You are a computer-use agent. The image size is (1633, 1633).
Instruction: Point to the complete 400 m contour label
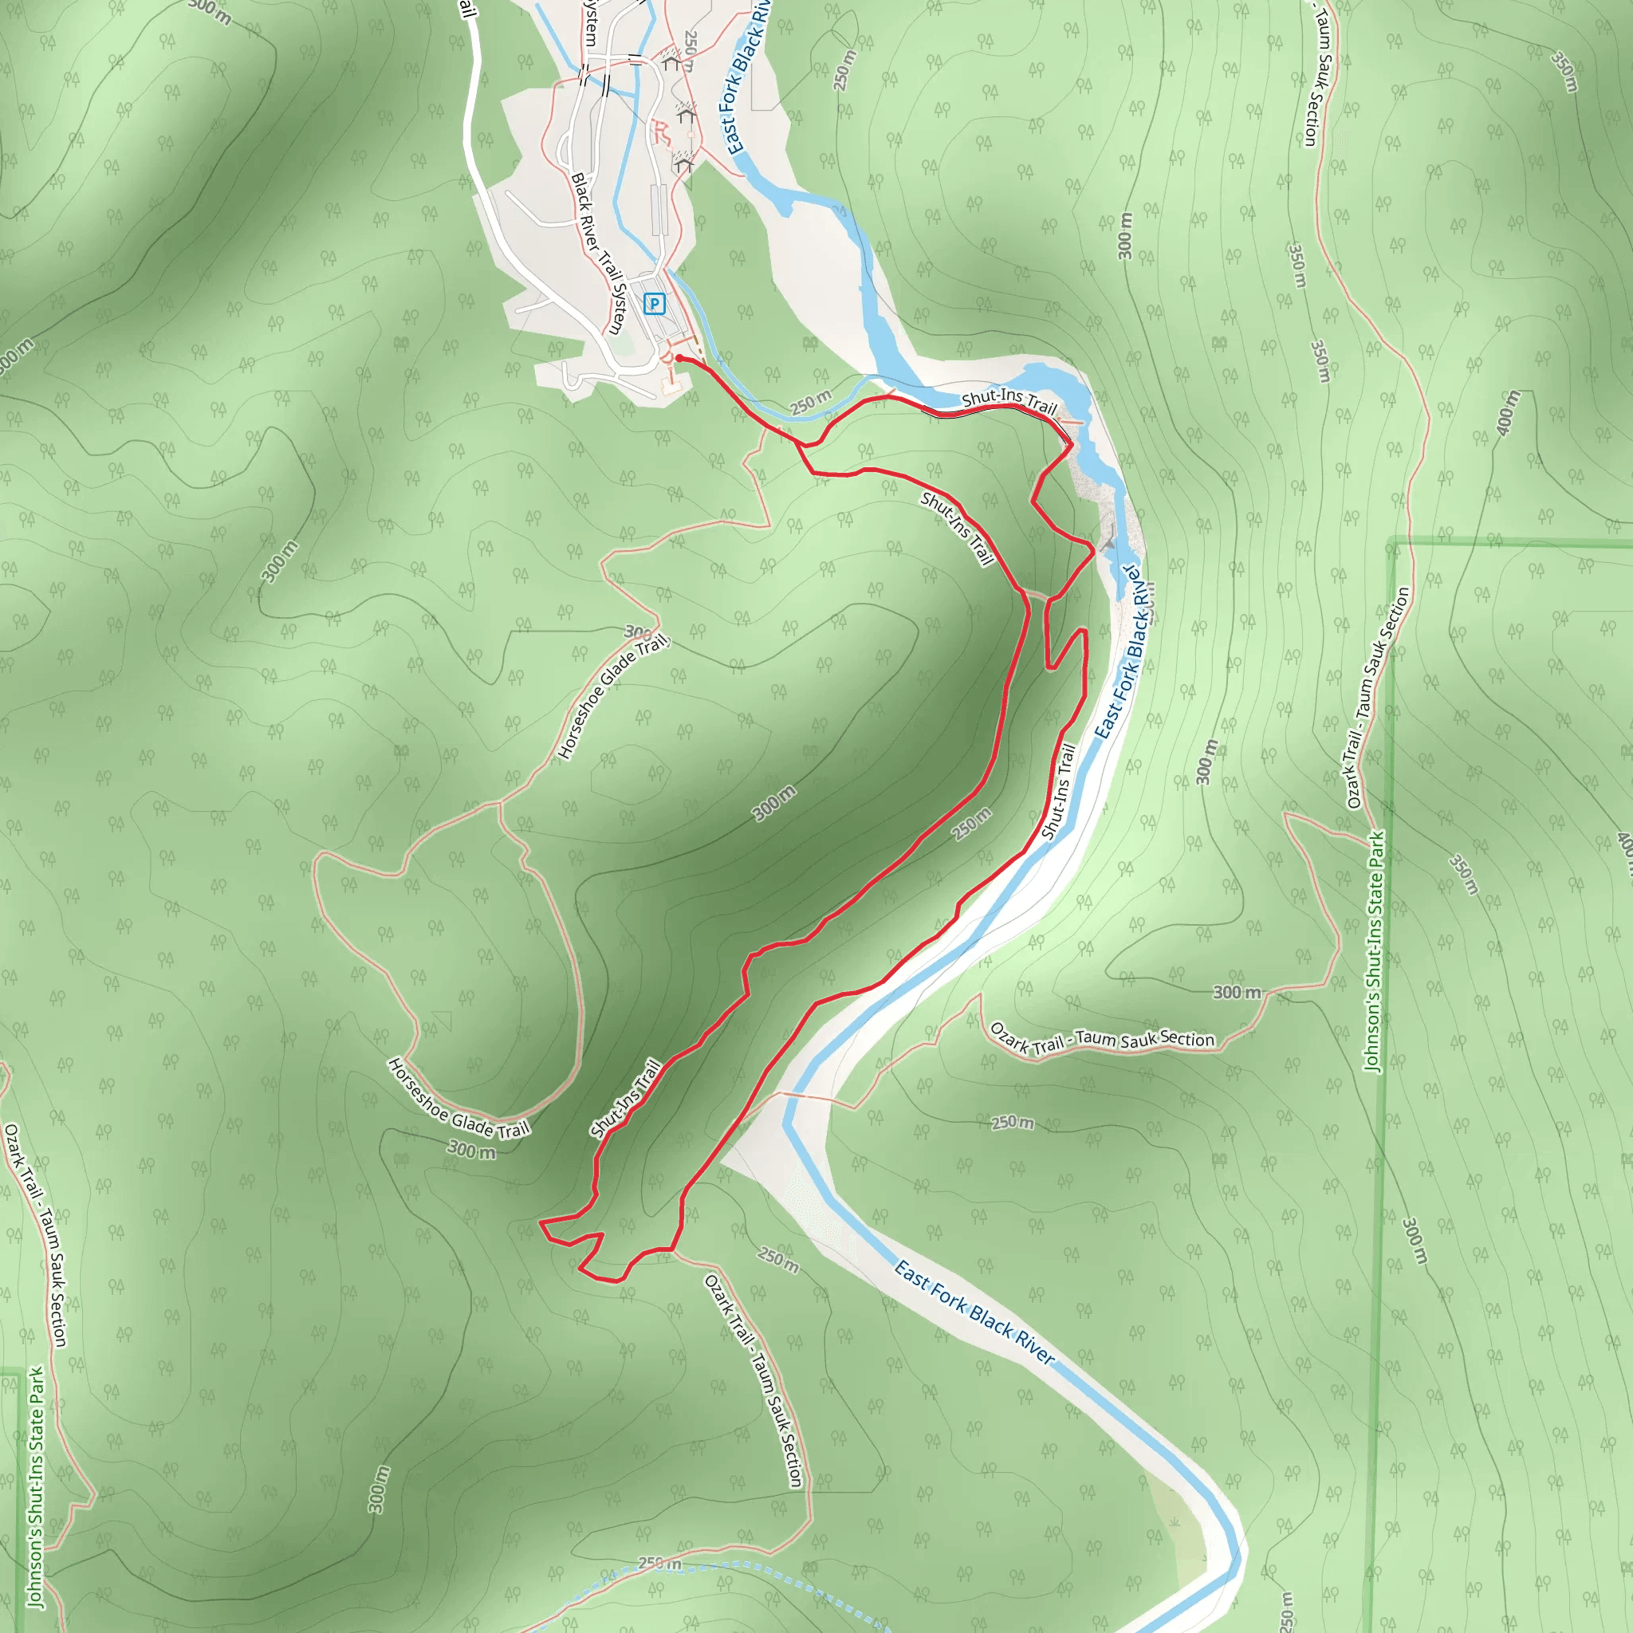1508,413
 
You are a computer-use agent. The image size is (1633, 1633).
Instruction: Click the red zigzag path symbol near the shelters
662,132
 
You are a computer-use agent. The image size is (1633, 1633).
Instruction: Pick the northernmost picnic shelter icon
671,61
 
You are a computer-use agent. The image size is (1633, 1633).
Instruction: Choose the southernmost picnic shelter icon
685,163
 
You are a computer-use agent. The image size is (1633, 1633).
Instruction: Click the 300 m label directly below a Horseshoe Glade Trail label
470,1150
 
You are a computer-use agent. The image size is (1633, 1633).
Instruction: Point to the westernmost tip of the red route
540,1222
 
